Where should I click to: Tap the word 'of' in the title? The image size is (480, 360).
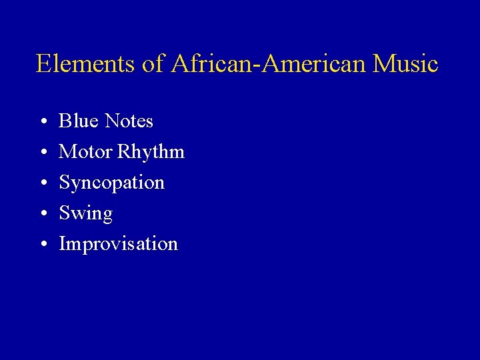pyautogui.click(x=151, y=64)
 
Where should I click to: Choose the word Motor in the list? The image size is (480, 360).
pyautogui.click(x=85, y=152)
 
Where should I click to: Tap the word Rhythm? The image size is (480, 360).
pyautogui.click(x=151, y=153)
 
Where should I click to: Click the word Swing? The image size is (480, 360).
pyautogui.click(x=86, y=214)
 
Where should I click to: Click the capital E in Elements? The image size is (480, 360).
pyautogui.click(x=45, y=64)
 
